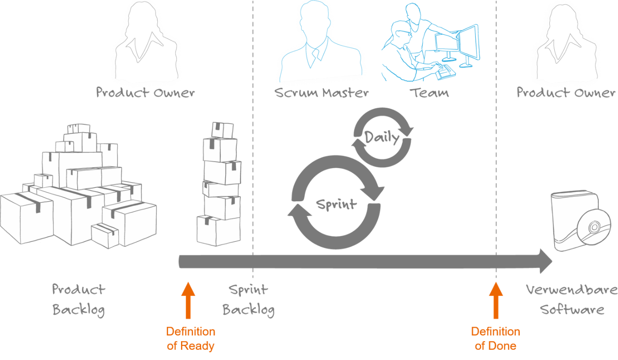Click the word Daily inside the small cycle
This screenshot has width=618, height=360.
tap(382, 137)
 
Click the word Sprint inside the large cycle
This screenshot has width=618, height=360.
tap(337, 205)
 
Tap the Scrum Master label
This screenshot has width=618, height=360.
tap(321, 93)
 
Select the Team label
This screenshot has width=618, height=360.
tap(429, 93)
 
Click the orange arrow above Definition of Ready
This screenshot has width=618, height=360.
tap(188, 300)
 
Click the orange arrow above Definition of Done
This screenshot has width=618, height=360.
tap(496, 300)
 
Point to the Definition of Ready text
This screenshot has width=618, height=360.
tap(191, 339)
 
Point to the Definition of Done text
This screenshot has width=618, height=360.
tap(495, 339)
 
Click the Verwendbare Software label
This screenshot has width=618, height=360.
tap(572, 299)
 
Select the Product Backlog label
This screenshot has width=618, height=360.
tap(78, 300)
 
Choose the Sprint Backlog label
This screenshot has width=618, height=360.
tap(248, 300)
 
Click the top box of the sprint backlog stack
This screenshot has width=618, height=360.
tap(222, 130)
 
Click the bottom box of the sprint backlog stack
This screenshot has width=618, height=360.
tap(218, 231)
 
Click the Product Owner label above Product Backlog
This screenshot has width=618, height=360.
tap(145, 93)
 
